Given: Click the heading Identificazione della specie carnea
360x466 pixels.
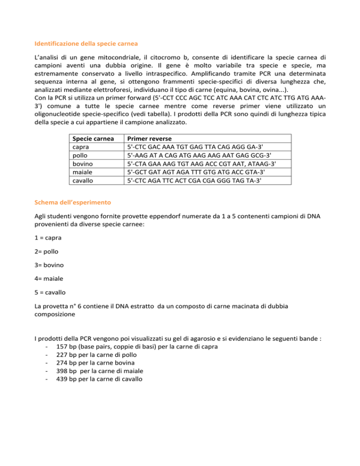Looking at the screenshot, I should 86,44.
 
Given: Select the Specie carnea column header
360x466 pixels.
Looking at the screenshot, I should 90,139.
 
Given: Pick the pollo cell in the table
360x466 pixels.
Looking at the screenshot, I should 77,154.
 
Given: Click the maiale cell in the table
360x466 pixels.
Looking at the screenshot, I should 80,170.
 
